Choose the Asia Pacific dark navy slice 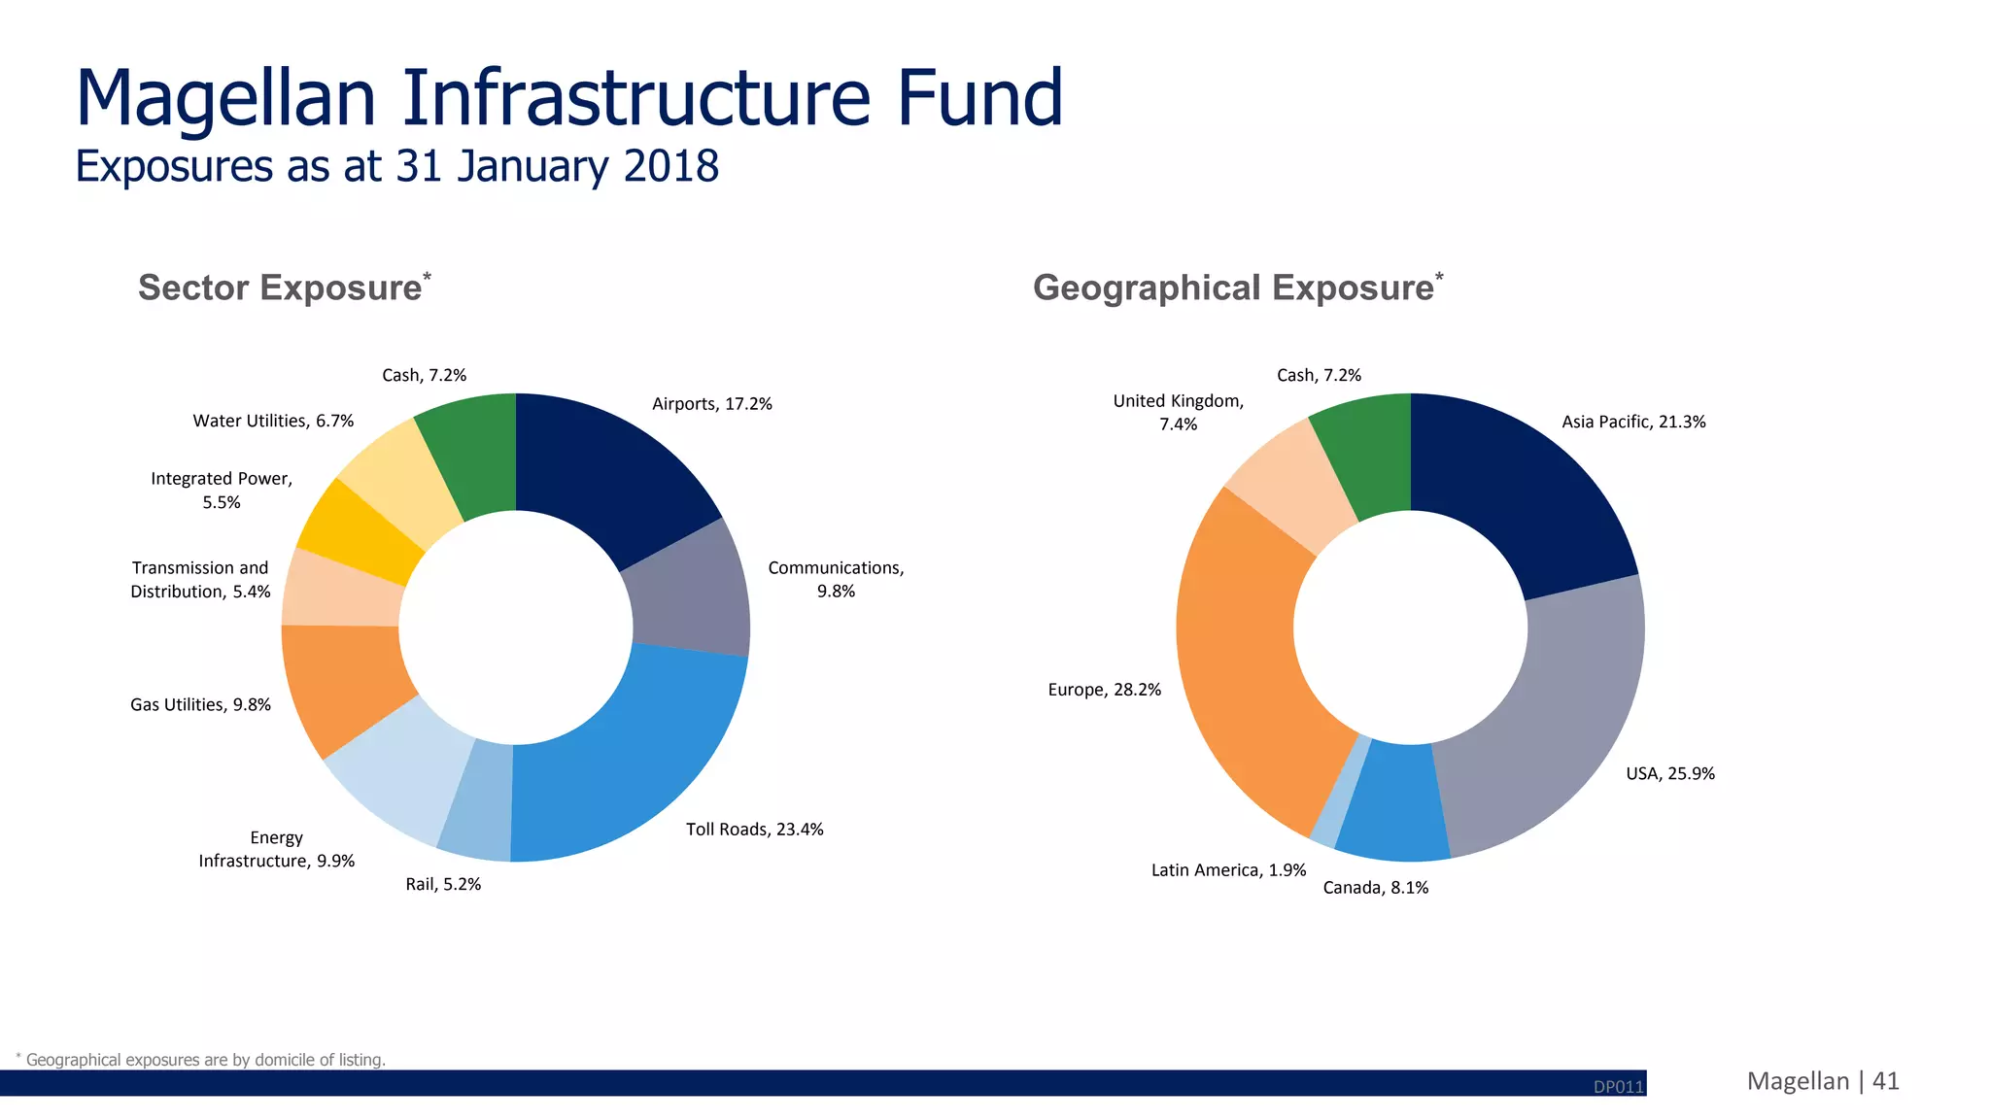pyautogui.click(x=1516, y=486)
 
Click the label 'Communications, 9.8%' pyautogui.click(x=836, y=579)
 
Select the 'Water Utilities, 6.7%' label pyautogui.click(x=273, y=421)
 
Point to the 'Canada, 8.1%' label pyautogui.click(x=1375, y=888)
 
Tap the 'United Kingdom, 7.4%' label pyautogui.click(x=1178, y=412)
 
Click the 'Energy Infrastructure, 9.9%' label pyautogui.click(x=277, y=849)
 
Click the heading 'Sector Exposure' pyautogui.click(x=280, y=288)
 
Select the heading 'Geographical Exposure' pyautogui.click(x=1233, y=288)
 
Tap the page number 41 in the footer pyautogui.click(x=1885, y=1081)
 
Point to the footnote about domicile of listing pyautogui.click(x=204, y=1059)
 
